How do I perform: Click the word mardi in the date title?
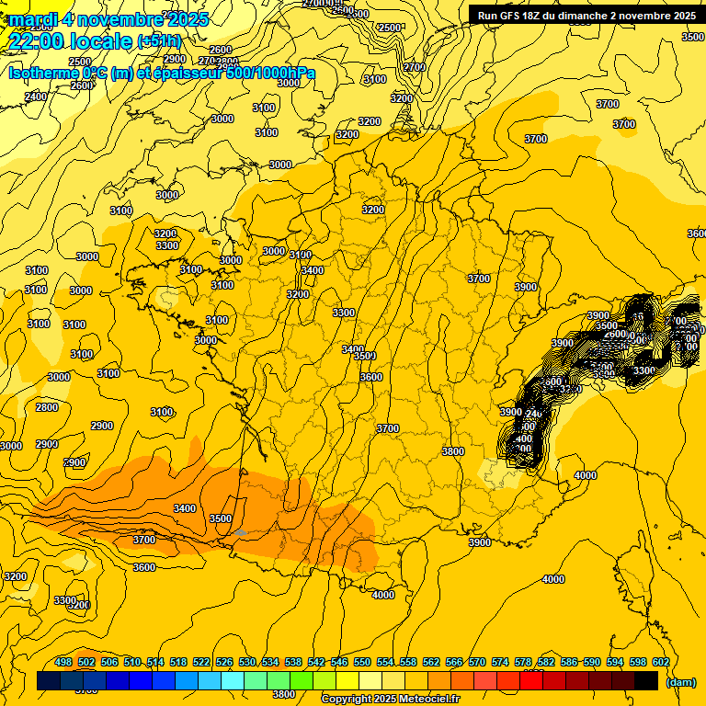(34, 19)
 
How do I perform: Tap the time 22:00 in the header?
(43, 41)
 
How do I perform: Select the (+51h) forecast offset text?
(159, 41)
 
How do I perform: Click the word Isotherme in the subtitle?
(43, 74)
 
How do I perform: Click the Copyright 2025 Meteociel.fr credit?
(390, 700)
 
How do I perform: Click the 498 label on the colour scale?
(63, 662)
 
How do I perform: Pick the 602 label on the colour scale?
(660, 662)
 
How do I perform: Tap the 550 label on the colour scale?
(362, 662)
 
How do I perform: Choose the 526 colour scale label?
(224, 662)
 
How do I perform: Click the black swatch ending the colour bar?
(646, 680)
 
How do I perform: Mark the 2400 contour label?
(36, 97)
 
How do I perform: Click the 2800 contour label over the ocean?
(46, 407)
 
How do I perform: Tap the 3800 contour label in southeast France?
(452, 451)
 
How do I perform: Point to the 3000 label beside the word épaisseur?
(289, 83)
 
